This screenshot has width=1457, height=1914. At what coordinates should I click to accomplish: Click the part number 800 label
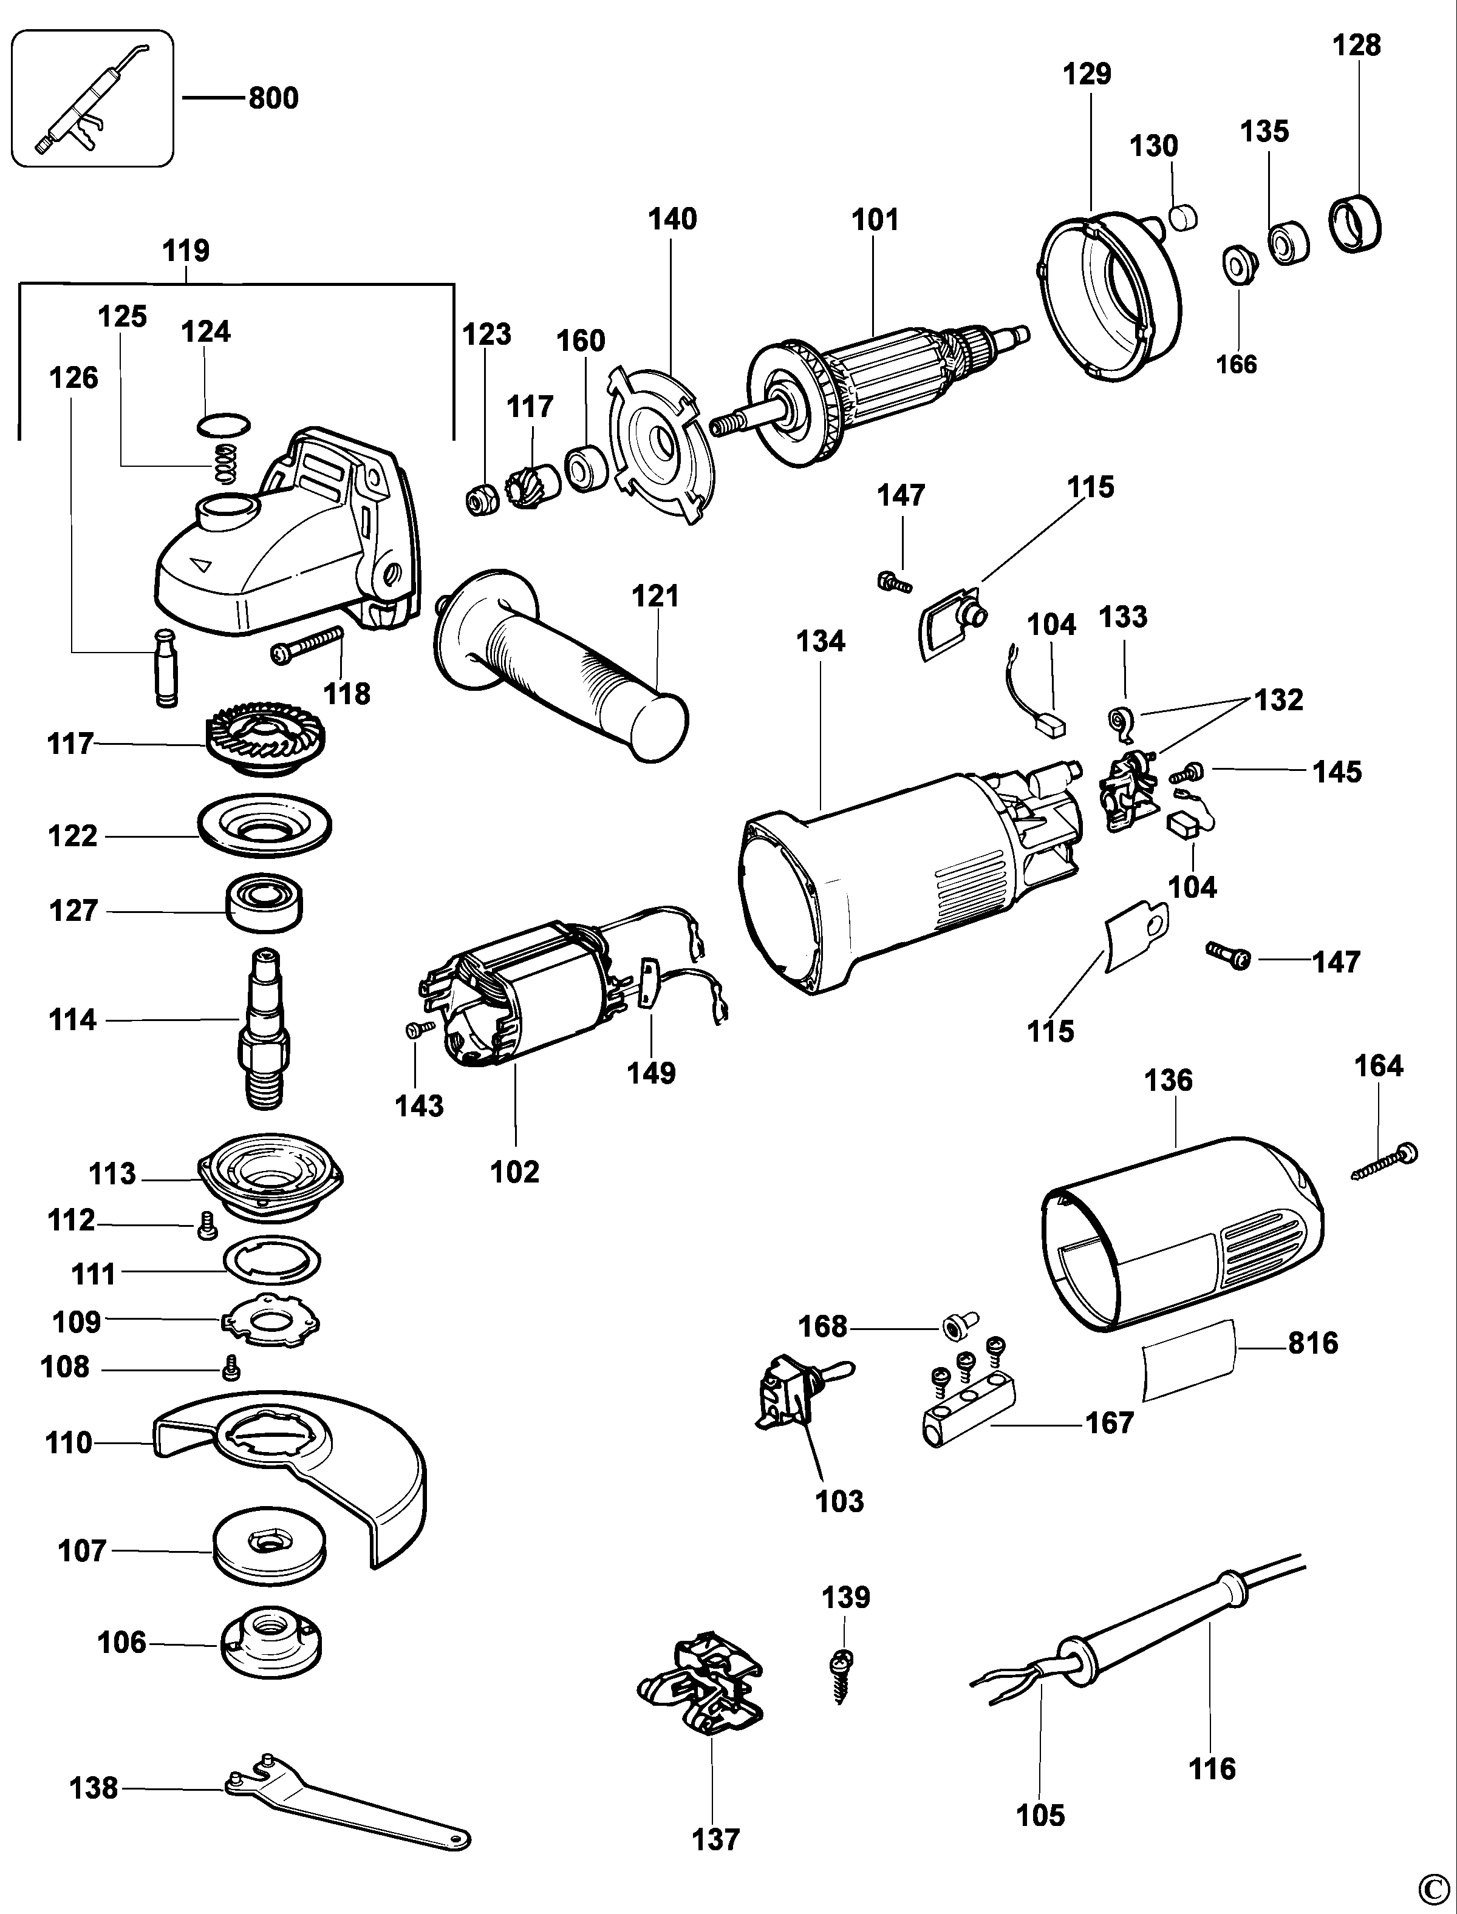273,98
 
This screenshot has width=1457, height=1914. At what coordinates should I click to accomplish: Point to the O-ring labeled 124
223,426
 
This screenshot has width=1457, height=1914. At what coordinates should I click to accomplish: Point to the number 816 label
1313,1343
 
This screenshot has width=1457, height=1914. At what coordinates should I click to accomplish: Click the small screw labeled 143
420,1029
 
